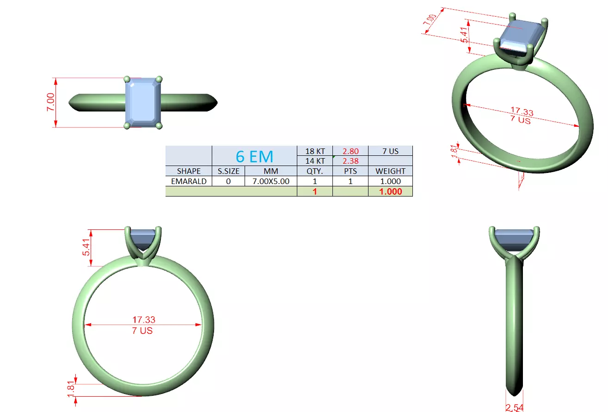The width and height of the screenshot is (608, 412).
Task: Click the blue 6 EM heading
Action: pos(254,156)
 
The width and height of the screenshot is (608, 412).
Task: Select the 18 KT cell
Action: pos(315,151)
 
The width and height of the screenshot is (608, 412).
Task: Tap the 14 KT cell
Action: pos(315,161)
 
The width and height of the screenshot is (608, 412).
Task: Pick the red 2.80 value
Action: pos(350,151)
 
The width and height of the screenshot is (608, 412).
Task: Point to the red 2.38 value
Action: pos(350,161)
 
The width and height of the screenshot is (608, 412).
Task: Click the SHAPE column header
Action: pos(189,171)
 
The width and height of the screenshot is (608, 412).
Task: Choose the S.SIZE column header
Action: pos(228,171)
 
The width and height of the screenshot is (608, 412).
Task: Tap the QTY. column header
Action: pos(315,171)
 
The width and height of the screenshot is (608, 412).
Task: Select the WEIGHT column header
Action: pos(390,171)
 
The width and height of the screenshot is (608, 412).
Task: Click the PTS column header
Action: pos(350,171)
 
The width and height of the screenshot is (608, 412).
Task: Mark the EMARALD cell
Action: pos(189,181)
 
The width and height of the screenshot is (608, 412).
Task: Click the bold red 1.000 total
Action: pos(390,191)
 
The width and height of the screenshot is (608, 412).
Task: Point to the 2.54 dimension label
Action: pos(515,407)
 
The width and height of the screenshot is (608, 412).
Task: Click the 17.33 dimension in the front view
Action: pos(144,320)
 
